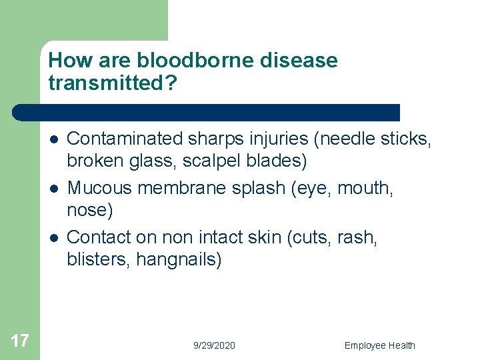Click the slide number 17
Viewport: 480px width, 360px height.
(20, 341)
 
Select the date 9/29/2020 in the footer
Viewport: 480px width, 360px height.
(214, 345)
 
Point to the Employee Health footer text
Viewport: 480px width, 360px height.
(379, 345)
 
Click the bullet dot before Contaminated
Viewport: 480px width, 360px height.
(53, 139)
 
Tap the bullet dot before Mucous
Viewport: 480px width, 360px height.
(53, 189)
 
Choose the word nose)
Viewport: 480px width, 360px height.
(90, 211)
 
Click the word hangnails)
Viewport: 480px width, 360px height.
(179, 260)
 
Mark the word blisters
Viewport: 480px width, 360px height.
(99, 260)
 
